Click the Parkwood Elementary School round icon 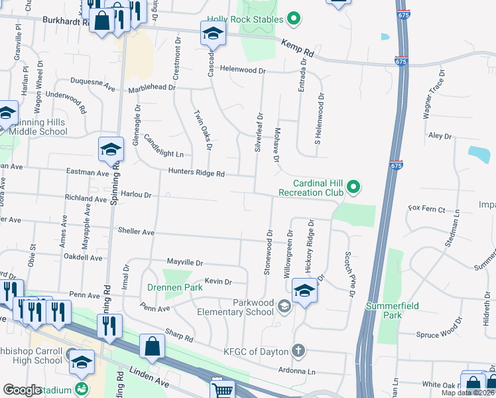pyautogui.click(x=284, y=305)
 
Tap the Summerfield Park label pyautogui.click(x=384, y=310)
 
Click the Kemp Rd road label pyautogui.click(x=296, y=46)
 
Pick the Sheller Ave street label pyautogui.click(x=136, y=232)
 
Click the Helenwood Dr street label pyautogui.click(x=243, y=70)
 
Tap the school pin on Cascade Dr pyautogui.click(x=213, y=34)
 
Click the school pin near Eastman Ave pyautogui.click(x=111, y=150)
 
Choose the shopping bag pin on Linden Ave pyautogui.click(x=153, y=347)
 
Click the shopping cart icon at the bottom pyautogui.click(x=223, y=389)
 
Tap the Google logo pyautogui.click(x=22, y=390)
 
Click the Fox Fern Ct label pyautogui.click(x=426, y=209)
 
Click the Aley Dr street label pyautogui.click(x=440, y=135)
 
